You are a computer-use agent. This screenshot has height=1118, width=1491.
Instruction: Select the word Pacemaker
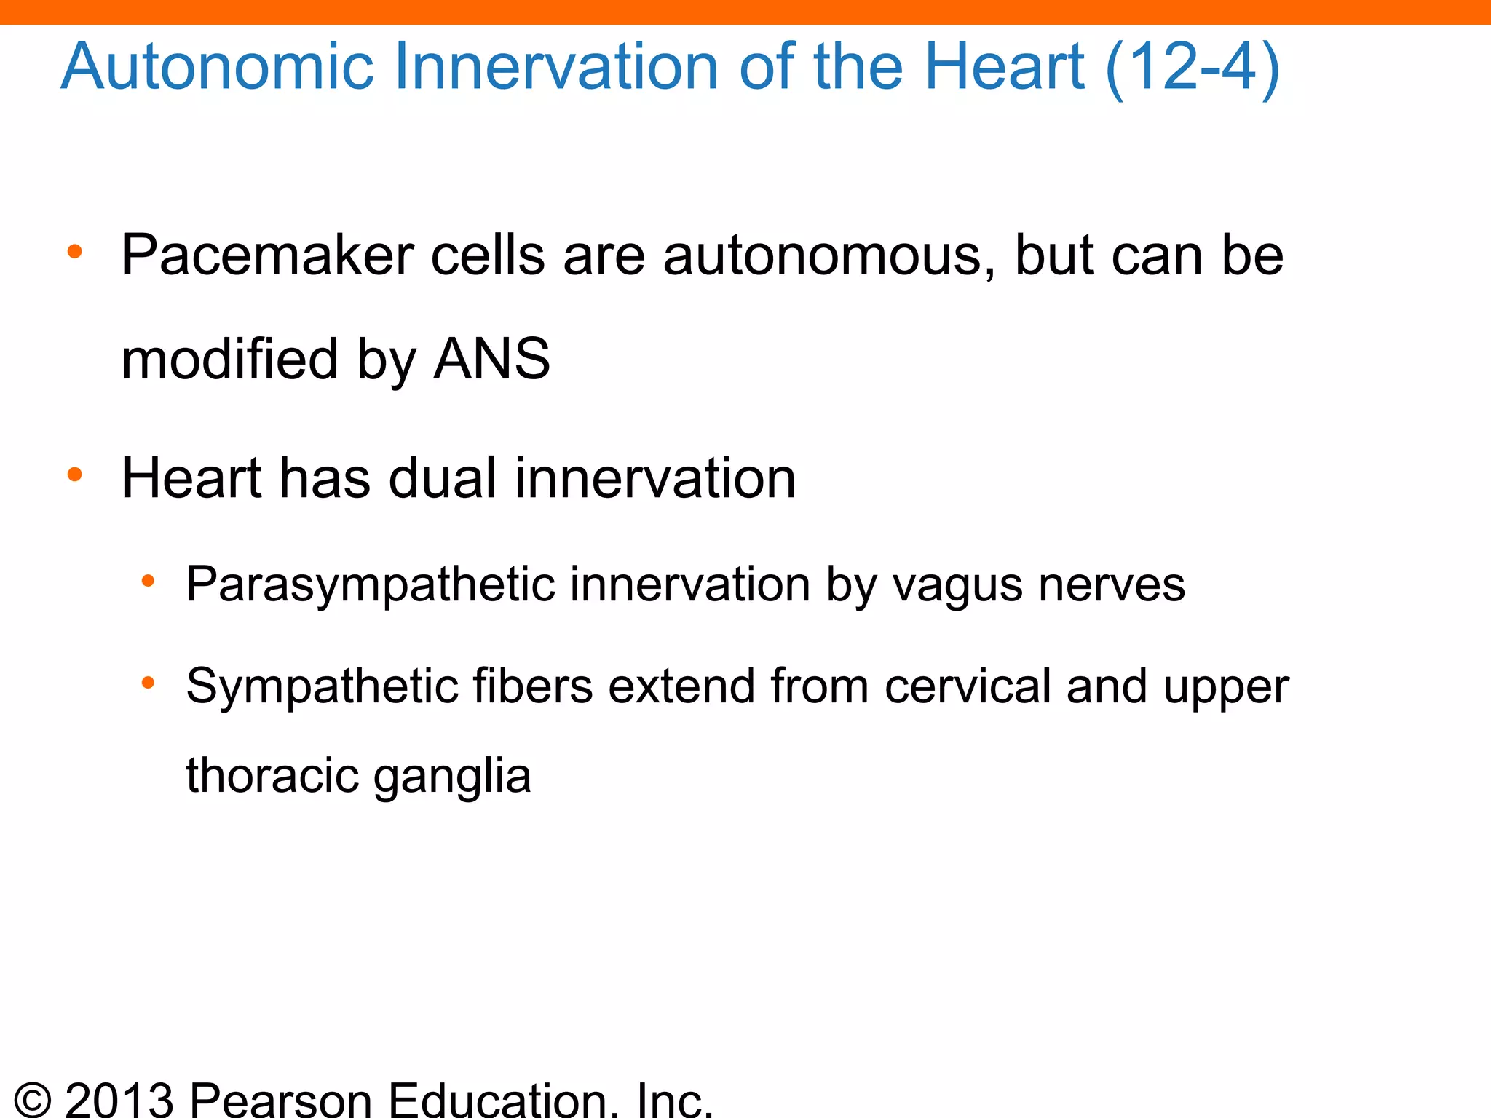266,256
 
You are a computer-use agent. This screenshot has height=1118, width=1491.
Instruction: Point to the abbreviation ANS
491,359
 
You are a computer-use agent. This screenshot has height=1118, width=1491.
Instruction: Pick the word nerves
1112,584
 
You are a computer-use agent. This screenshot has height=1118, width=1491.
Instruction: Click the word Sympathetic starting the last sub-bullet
321,686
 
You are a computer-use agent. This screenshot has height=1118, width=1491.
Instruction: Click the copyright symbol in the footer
33,1100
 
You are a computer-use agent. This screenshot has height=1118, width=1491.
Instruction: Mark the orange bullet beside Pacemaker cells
74,252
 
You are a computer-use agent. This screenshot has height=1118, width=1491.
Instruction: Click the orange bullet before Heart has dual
74,475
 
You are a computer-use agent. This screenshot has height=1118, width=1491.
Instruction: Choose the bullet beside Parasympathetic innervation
149,581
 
